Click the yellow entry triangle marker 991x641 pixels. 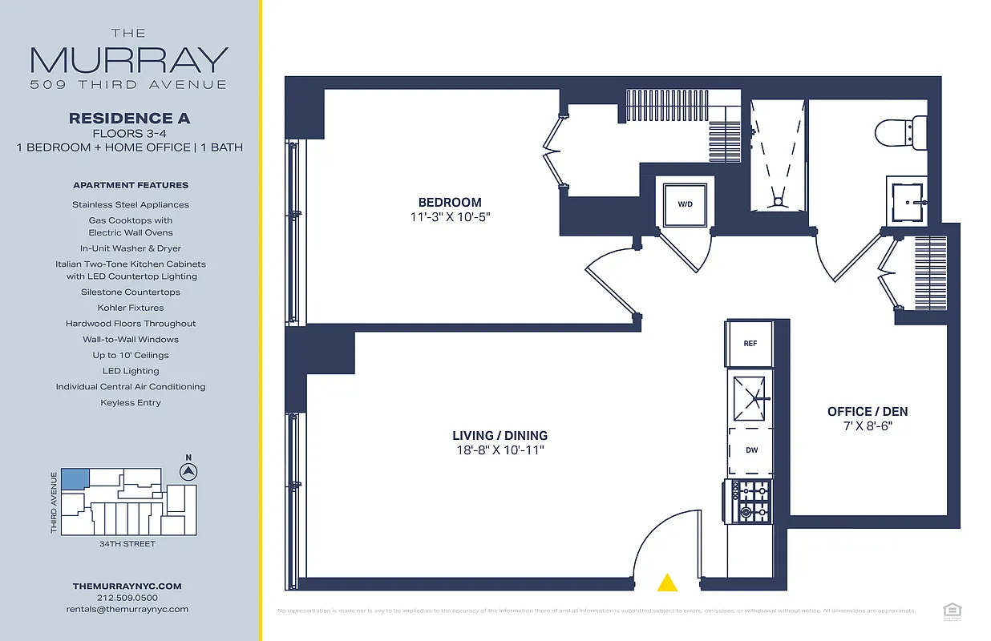tap(666, 583)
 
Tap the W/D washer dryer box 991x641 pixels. tap(685, 204)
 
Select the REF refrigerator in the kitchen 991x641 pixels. tap(750, 344)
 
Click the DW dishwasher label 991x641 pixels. tap(751, 450)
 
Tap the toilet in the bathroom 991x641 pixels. tap(902, 131)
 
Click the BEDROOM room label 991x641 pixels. tap(450, 203)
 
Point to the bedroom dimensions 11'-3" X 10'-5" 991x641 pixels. tap(450, 217)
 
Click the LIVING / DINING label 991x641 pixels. tap(500, 436)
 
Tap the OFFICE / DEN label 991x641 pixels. tap(868, 412)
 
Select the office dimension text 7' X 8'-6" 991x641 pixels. tap(868, 426)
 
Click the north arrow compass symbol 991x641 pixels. tap(189, 471)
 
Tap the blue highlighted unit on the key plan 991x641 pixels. tap(75, 478)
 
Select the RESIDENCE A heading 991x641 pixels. tap(130, 118)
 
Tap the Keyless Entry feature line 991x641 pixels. tap(130, 402)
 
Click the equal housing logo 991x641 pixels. tap(952, 611)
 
